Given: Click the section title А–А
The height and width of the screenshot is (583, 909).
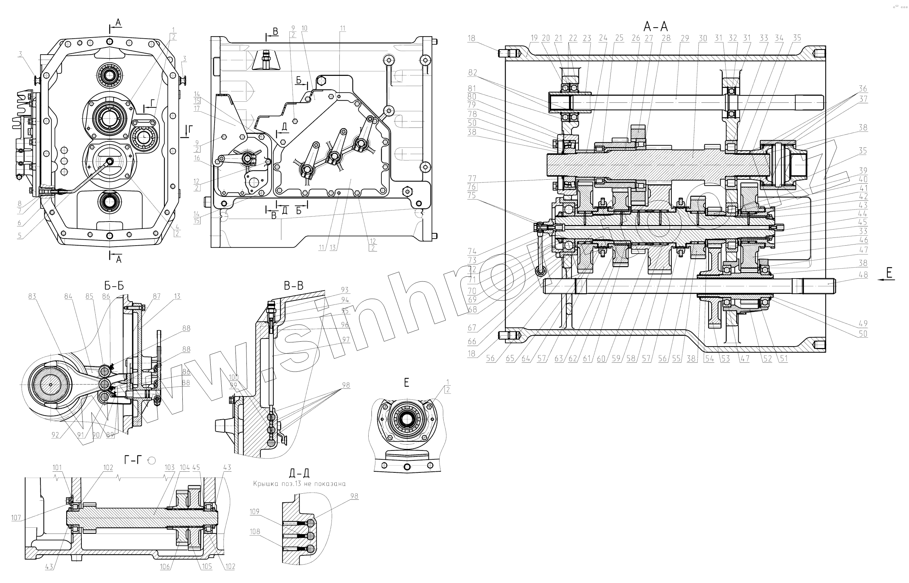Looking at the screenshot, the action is [x=655, y=26].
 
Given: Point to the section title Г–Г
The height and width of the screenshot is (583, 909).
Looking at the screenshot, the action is [x=133, y=460].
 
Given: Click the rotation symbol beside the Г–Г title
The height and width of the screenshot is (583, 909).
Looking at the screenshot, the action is [x=152, y=460].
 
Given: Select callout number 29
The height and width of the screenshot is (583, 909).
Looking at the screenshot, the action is [x=685, y=38].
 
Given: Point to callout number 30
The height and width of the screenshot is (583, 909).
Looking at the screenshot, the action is [x=703, y=38].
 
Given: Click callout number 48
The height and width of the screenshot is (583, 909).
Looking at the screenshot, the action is [x=863, y=275].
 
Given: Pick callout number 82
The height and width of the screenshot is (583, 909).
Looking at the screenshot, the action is [x=472, y=72].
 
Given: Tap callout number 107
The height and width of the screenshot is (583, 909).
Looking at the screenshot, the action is [x=16, y=517].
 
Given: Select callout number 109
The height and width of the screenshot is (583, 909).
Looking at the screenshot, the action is [x=254, y=511].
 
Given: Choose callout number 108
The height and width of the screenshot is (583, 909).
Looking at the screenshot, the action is [x=255, y=532].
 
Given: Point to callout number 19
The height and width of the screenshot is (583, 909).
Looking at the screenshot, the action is [x=534, y=38].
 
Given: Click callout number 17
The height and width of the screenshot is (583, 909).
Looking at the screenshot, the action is [x=197, y=108].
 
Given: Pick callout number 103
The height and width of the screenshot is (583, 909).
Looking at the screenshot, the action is [x=170, y=467].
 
